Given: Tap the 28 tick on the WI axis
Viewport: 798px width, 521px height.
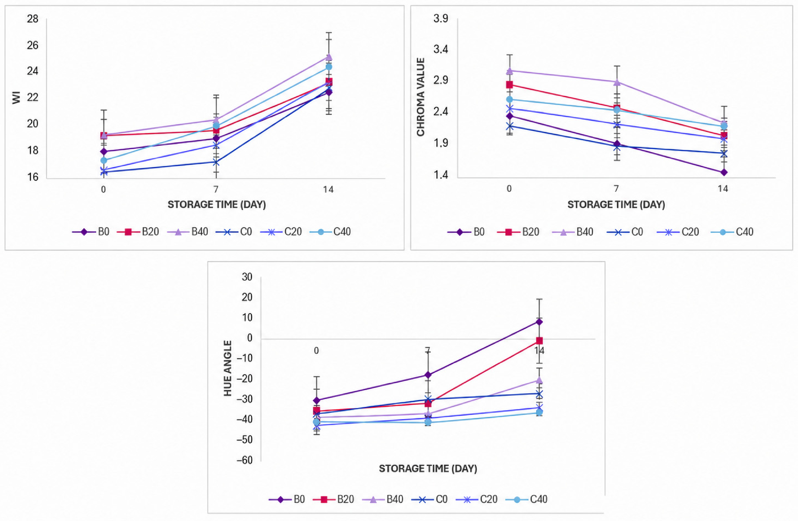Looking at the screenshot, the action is tap(33, 19).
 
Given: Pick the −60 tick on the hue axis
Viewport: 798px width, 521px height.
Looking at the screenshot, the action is tap(245, 460).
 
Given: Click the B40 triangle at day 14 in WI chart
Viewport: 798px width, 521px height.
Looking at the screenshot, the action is tap(329, 57).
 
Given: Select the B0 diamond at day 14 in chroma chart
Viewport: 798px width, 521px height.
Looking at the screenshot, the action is tap(724, 172).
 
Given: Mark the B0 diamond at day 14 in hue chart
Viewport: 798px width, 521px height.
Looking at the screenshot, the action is tap(539, 322).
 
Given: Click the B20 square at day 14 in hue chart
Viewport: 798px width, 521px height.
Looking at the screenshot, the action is tap(539, 341).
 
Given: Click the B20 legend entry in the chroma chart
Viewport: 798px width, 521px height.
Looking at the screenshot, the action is tap(518, 232).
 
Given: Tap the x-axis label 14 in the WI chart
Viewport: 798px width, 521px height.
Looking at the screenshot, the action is tap(328, 189).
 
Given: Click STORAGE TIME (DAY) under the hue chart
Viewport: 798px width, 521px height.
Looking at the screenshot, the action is tap(428, 468).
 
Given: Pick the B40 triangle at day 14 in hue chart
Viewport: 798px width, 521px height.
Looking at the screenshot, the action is tap(539, 380).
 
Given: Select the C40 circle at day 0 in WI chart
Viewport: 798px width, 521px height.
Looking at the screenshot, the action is tap(104, 160).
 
